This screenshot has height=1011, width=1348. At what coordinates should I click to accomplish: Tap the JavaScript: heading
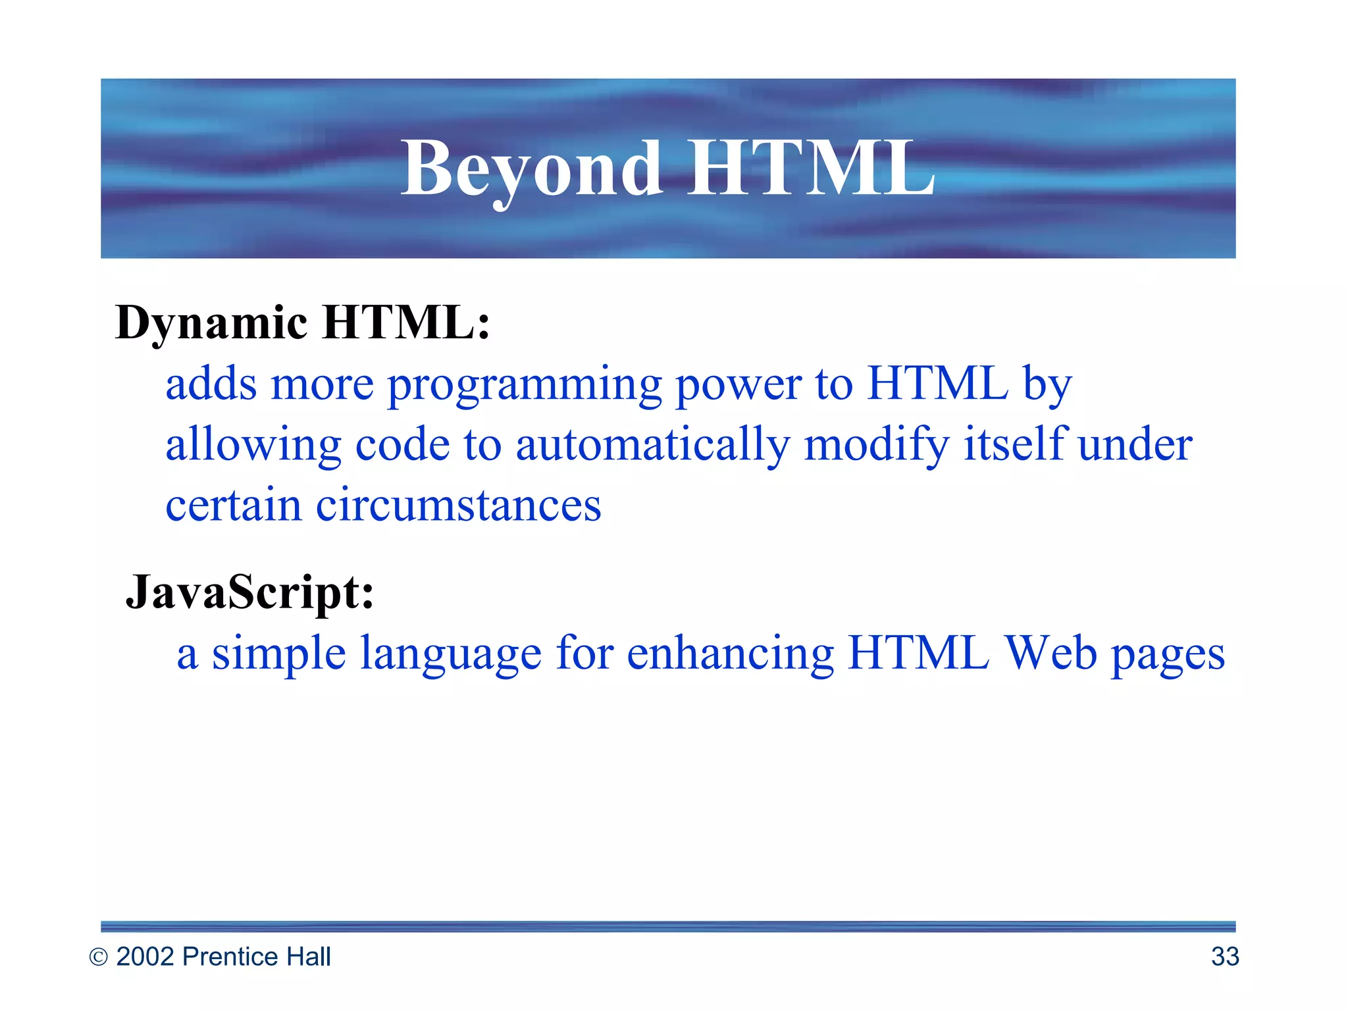coord(249,592)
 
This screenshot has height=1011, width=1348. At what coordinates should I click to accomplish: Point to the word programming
coord(524,384)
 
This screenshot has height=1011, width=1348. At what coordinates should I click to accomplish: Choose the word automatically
coord(652,445)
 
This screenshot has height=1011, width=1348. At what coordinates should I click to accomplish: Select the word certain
coord(233,505)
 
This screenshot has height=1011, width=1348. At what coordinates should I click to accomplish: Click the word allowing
coord(253,445)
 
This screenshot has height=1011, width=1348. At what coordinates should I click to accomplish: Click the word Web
coord(1051,653)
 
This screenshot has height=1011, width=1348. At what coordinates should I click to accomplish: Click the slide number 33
coord(1225,956)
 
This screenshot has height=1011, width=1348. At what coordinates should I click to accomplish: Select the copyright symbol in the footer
coord(98,957)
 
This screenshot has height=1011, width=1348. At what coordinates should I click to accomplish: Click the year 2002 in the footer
coord(145,956)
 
